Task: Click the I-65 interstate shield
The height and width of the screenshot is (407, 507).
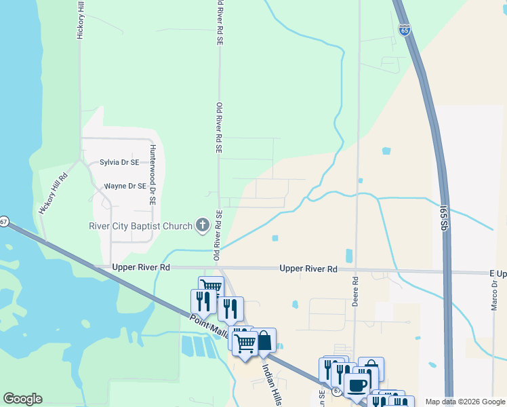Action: [405, 31]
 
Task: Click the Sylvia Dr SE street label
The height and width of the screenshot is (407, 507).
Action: [119, 162]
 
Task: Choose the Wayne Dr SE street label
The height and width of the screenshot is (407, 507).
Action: [125, 186]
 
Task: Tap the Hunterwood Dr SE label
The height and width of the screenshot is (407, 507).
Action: [153, 174]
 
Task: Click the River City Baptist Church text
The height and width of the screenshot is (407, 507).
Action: [141, 226]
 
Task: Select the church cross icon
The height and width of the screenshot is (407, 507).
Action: [202, 225]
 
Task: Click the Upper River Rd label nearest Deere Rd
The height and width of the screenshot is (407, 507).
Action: [308, 269]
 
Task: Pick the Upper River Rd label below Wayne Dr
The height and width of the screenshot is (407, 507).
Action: [141, 268]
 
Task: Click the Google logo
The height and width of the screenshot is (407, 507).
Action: [22, 399]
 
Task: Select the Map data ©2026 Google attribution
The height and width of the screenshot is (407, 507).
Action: [464, 402]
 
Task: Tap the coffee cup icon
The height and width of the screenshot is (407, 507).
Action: [357, 385]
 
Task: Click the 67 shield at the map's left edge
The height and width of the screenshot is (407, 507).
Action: [4, 222]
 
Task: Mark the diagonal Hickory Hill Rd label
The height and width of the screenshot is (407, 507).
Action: [54, 195]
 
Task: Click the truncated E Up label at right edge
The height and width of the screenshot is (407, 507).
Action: [498, 273]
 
